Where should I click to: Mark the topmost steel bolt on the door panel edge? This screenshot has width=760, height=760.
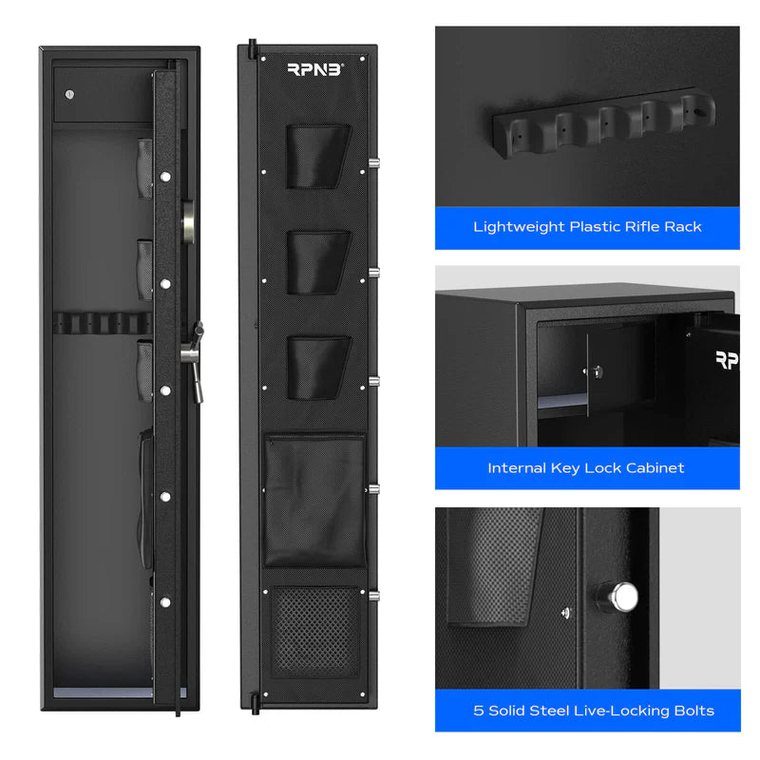click(x=372, y=170)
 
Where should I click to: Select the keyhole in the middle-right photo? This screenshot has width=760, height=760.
click(x=598, y=370)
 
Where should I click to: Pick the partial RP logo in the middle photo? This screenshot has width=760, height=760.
click(x=726, y=360)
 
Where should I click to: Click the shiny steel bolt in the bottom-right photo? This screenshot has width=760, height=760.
click(x=623, y=597)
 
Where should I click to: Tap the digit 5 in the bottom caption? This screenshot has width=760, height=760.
click(x=479, y=711)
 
